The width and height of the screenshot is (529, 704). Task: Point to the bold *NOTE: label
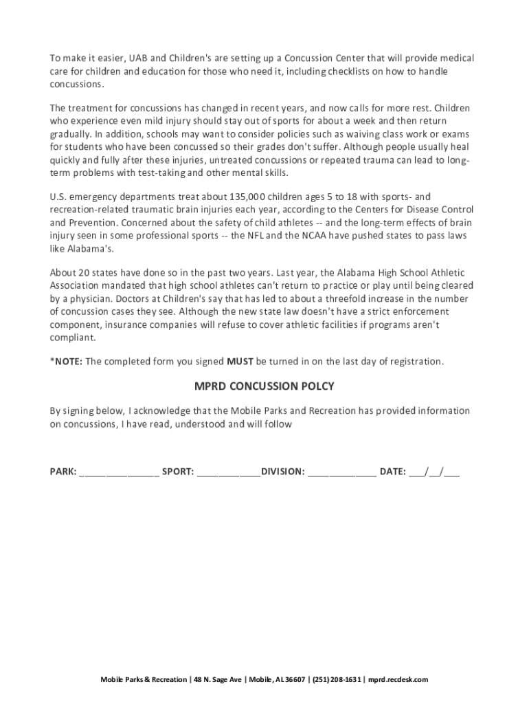click(x=66, y=361)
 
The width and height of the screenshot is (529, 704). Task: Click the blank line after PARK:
click(x=119, y=472)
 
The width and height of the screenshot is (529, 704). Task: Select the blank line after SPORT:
click(x=229, y=472)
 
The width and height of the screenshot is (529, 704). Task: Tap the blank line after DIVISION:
click(x=341, y=472)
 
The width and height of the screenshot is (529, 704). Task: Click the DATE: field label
click(x=393, y=472)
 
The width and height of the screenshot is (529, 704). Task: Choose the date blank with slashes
click(x=434, y=472)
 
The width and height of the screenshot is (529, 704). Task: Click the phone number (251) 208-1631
click(x=337, y=680)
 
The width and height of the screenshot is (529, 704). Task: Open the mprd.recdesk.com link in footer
click(x=398, y=680)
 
